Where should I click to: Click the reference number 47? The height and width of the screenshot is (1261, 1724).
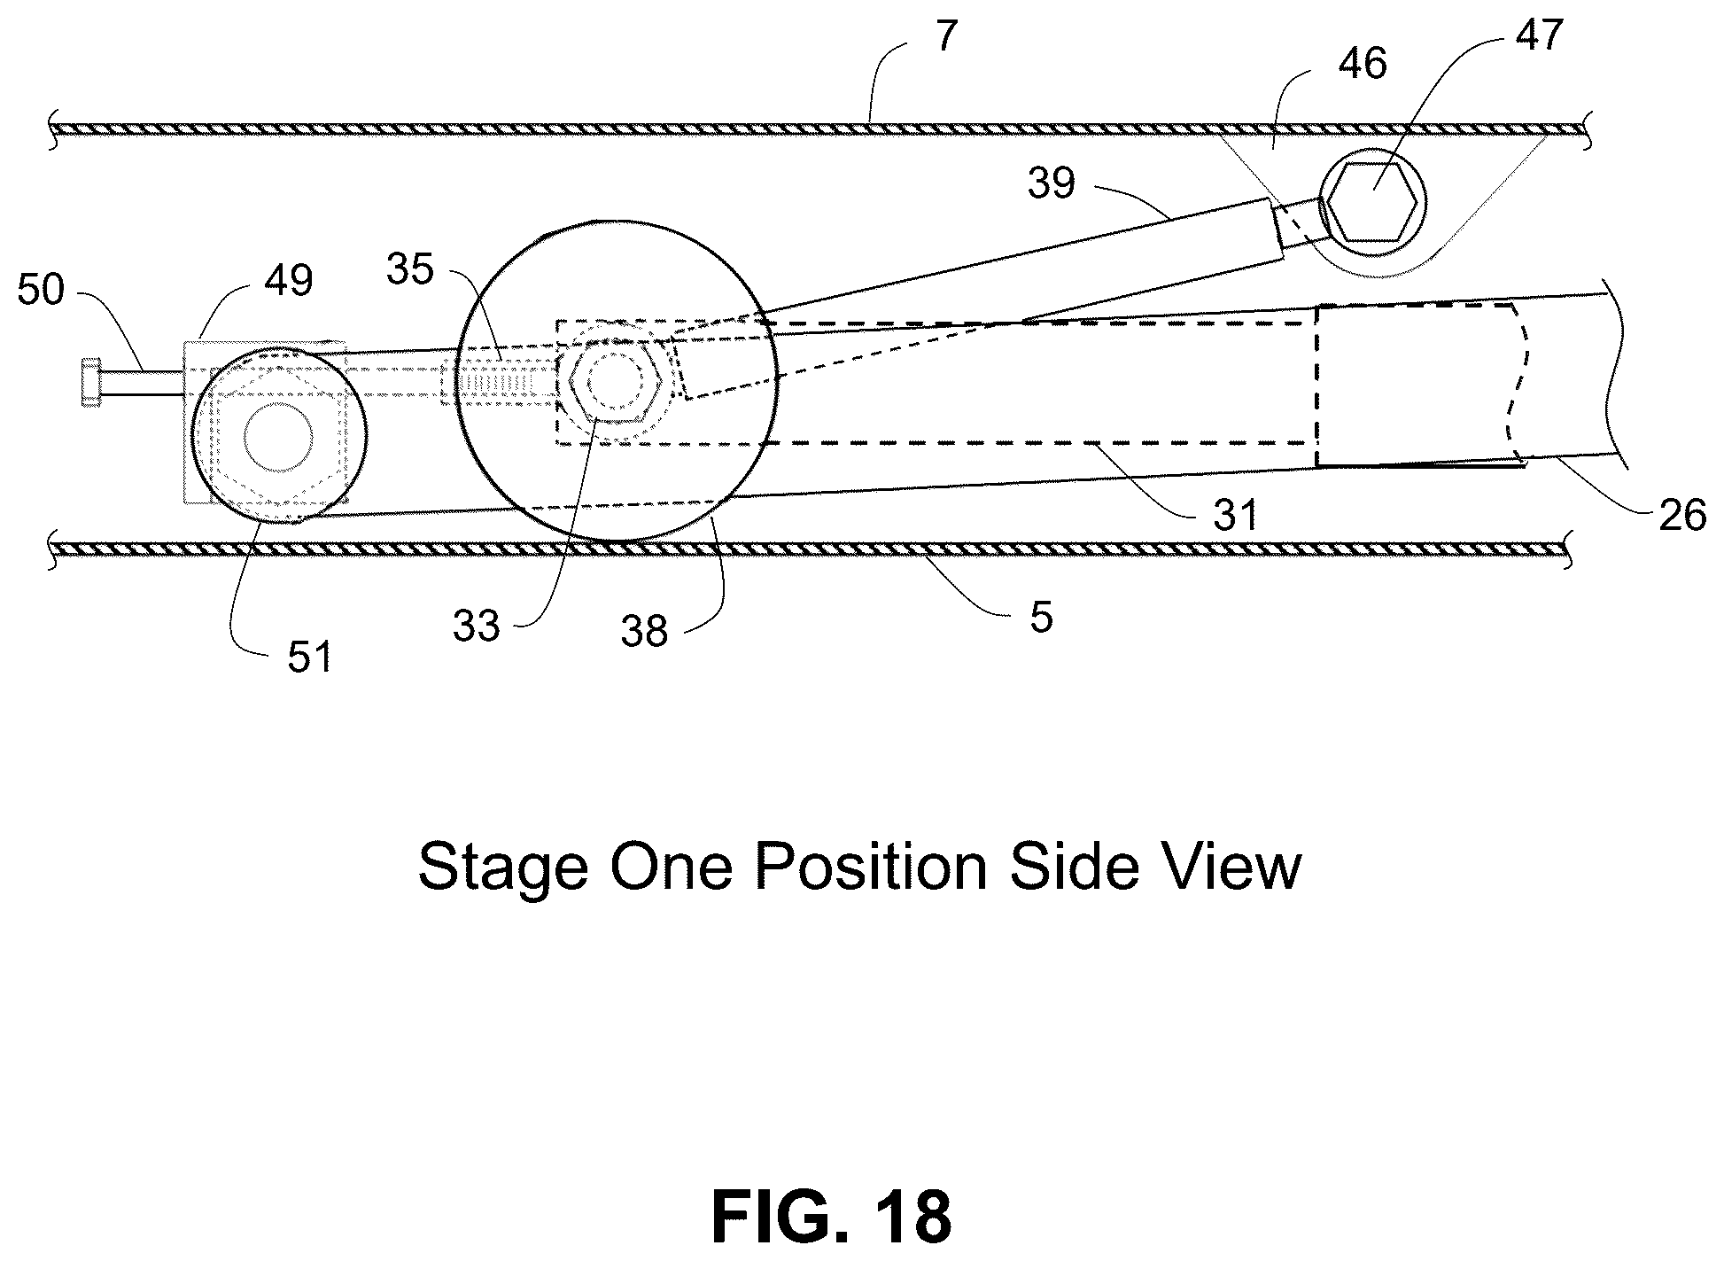(1538, 35)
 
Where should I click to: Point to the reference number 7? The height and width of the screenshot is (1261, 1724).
(946, 38)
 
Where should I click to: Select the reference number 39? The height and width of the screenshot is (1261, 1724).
(1052, 183)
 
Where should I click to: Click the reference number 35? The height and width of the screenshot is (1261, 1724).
(411, 269)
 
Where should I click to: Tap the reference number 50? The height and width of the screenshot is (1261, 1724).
(42, 291)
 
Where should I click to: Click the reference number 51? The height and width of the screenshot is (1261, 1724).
(309, 657)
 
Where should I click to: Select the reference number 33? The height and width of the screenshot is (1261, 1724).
(477, 627)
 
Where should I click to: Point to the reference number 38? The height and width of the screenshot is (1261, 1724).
(644, 632)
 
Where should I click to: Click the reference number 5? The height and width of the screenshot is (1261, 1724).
(1042, 616)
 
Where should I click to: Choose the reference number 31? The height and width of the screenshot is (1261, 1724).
(1236, 515)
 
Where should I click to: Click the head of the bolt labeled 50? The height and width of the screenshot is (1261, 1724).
(90, 382)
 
